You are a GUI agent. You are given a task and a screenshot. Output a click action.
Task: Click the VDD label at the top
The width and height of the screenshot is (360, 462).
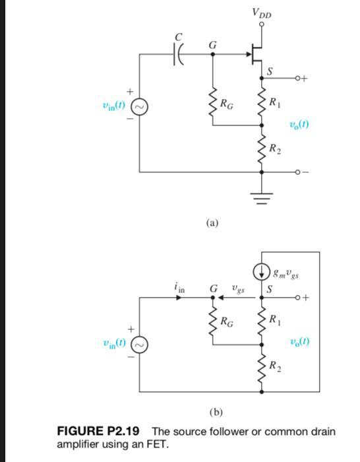(262, 13)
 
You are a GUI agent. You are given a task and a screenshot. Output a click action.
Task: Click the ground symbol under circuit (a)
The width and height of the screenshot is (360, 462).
(262, 195)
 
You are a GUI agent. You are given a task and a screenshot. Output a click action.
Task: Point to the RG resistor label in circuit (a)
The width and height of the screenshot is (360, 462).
(226, 103)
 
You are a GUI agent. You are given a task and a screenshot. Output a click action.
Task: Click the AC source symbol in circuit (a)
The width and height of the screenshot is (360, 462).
(140, 106)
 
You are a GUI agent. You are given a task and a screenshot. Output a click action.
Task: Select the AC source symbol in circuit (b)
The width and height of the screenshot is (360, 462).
(140, 343)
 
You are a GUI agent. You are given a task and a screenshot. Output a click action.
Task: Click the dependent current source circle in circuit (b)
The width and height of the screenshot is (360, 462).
(262, 271)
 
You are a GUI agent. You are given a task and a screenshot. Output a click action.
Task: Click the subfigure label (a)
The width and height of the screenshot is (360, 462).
(212, 223)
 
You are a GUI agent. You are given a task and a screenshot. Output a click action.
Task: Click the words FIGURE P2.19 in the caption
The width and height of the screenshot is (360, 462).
(103, 432)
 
